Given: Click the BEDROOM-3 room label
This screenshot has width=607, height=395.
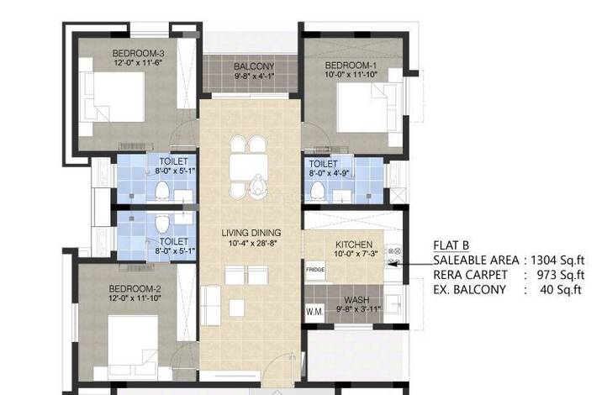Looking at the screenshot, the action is [x=138, y=53].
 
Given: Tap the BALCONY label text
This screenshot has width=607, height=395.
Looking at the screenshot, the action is [x=254, y=66].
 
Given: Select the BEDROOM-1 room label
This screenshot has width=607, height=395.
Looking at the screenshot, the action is [x=351, y=65].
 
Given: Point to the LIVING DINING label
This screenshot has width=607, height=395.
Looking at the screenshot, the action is [x=251, y=233].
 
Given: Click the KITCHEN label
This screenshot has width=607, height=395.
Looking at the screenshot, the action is [x=354, y=245].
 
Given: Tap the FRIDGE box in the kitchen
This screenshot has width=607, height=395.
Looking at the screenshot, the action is [x=315, y=270].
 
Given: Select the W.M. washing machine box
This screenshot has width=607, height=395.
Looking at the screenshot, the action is [x=314, y=312].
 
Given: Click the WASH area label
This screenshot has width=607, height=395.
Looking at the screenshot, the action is [x=356, y=300].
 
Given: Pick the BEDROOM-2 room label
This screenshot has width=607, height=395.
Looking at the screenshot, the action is [x=135, y=288].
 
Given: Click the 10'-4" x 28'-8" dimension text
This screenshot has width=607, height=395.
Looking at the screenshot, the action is [x=253, y=243].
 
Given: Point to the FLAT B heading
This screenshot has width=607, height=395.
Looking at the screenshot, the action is [x=451, y=245].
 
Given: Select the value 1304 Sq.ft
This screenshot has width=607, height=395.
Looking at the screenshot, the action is [x=557, y=260].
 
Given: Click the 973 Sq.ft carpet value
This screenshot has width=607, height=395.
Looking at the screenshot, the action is [x=561, y=275].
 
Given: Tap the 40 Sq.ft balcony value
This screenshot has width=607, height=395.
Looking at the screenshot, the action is [x=561, y=289].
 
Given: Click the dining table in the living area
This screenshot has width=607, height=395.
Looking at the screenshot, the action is [x=248, y=166].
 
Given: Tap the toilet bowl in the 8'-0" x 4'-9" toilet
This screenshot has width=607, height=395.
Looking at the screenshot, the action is [x=318, y=190].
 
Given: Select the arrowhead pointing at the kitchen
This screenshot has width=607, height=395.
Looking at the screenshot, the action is [x=392, y=264].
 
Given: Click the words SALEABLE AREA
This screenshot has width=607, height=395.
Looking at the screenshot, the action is [x=476, y=260].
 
